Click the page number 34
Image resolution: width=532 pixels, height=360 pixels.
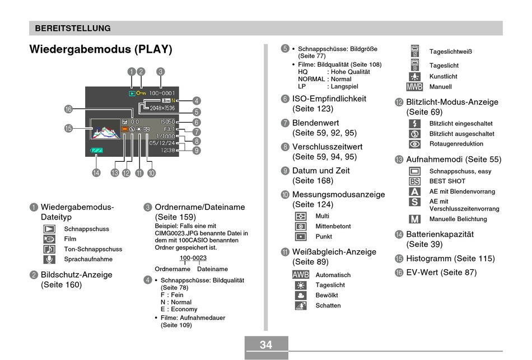(x=266, y=345)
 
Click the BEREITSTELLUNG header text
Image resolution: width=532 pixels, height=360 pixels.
(x=73, y=28)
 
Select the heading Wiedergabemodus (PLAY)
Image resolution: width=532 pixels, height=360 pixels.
(x=101, y=49)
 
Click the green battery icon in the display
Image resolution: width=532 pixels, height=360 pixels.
(x=97, y=151)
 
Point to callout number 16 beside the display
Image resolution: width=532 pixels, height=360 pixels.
(x=68, y=109)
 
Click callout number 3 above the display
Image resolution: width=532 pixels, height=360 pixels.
(x=161, y=72)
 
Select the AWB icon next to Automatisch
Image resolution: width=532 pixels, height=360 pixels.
(x=301, y=275)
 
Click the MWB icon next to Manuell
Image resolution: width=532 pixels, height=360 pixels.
(x=414, y=87)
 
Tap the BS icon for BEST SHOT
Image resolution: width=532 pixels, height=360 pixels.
(x=414, y=181)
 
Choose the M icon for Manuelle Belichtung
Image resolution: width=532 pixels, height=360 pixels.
(x=414, y=219)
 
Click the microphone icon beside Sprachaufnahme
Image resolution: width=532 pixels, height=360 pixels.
(x=49, y=259)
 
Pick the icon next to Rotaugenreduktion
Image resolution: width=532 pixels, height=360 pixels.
(x=414, y=144)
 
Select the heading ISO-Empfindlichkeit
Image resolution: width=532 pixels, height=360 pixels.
(x=329, y=99)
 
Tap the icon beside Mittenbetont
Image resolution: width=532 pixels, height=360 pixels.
(x=301, y=226)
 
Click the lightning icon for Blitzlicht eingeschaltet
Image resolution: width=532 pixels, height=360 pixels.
(x=414, y=124)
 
